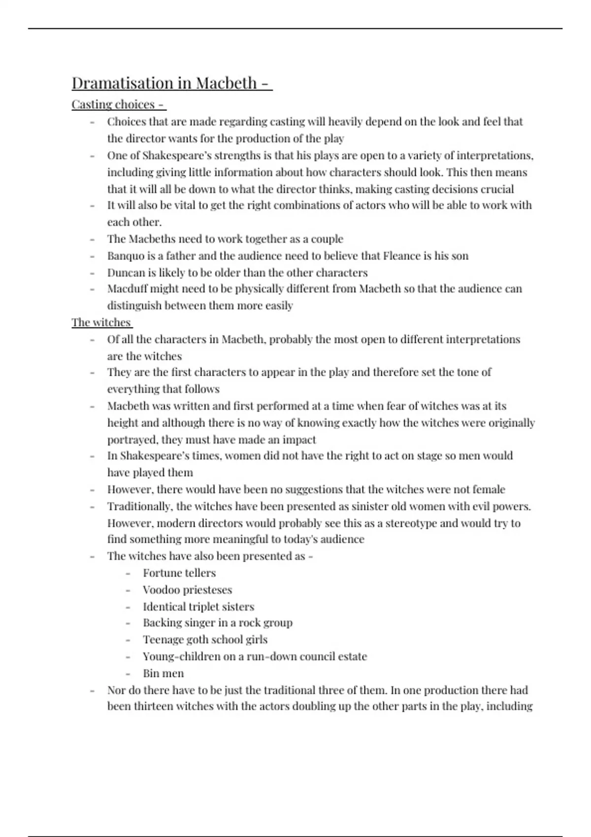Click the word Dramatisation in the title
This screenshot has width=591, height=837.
point(123,83)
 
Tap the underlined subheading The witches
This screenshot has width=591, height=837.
point(101,322)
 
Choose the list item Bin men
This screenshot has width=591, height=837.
point(163,673)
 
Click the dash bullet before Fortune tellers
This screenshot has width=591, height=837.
point(128,573)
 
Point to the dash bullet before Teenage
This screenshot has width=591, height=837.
point(128,640)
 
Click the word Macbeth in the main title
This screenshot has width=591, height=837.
point(227,83)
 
